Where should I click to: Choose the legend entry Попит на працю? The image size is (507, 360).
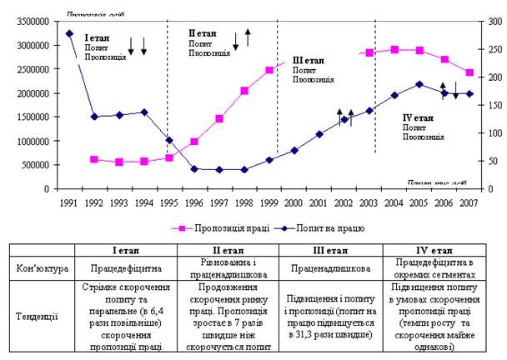[334, 227]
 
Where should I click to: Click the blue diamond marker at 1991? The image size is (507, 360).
[69, 33]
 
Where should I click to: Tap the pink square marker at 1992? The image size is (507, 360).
[94, 159]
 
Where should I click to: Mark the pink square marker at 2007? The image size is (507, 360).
[469, 72]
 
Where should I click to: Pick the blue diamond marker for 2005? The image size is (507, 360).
[419, 84]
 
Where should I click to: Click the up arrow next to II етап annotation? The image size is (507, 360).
[248, 36]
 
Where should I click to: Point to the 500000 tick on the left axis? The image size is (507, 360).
[33, 165]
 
